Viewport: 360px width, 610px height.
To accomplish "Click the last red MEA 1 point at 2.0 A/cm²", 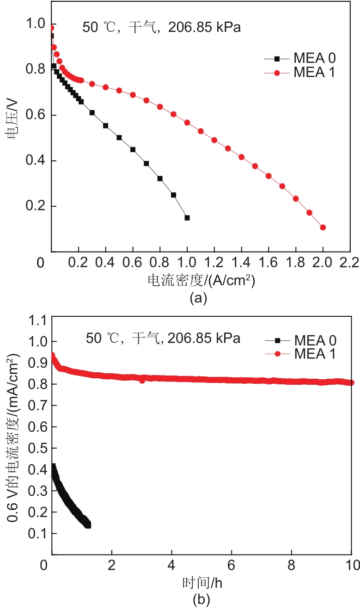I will tap(323, 228).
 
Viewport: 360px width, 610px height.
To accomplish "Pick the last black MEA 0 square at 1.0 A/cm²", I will tap(187, 218).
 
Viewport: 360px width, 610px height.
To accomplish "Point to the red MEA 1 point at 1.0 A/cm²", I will tap(187, 123).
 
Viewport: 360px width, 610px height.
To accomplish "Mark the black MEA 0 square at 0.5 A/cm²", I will tap(119, 138).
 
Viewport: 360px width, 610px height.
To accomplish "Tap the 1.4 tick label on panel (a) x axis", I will tap(241, 264).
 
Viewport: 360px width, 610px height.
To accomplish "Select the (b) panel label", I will tap(200, 600).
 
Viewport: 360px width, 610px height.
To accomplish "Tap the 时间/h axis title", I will tap(202, 583).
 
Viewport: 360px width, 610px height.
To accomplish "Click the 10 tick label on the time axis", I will tap(351, 566).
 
